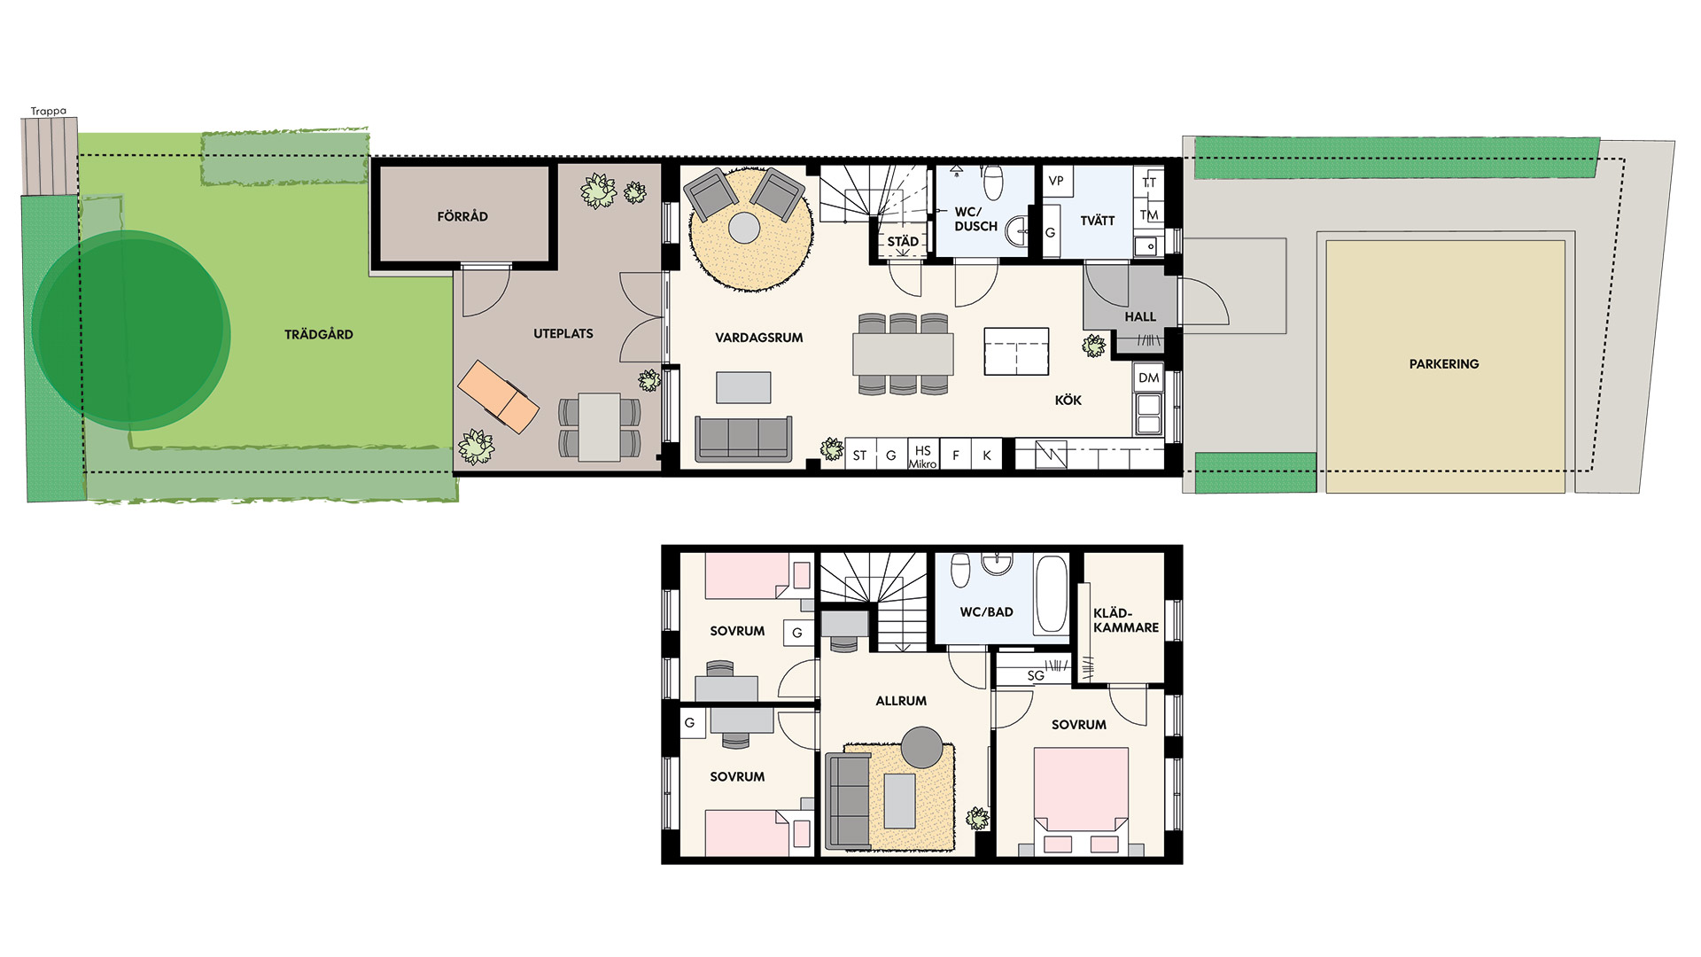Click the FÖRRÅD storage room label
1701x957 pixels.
point(462,216)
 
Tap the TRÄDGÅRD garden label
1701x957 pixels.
point(319,334)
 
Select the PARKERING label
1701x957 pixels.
point(1444,364)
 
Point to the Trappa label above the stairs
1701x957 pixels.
point(49,112)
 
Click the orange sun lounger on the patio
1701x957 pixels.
point(498,396)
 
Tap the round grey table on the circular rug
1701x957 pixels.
point(744,228)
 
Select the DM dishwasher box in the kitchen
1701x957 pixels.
point(1149,377)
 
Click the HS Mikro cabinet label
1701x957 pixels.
point(923,456)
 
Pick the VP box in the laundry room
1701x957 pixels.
point(1056,181)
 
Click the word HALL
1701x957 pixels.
point(1140,317)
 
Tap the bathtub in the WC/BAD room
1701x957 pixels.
point(1052,594)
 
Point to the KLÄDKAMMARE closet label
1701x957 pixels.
point(1126,620)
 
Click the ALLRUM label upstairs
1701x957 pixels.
point(901,701)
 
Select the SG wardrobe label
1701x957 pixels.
point(1036,676)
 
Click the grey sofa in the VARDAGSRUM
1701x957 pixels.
point(743,439)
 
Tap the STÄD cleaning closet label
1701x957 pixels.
point(903,241)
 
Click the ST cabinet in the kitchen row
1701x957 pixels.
point(859,455)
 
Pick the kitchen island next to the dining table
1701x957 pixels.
point(1017,352)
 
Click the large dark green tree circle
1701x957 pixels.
point(131,331)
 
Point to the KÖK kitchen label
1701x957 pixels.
point(1068,401)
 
